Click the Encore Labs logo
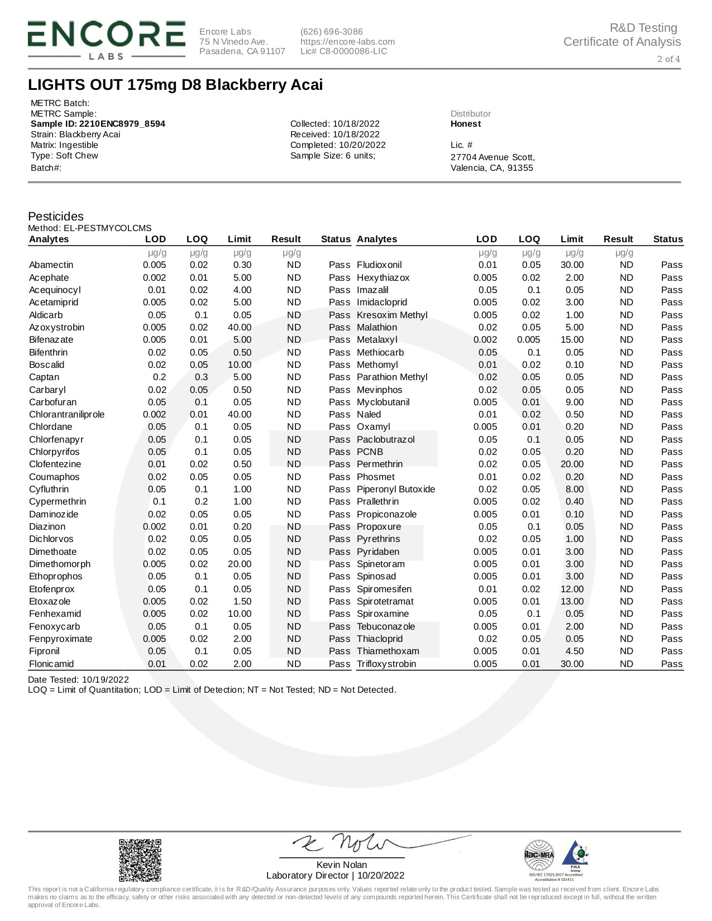(106, 40)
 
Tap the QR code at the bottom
(140, 860)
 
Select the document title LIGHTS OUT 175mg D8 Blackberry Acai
(175, 85)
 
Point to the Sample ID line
(98, 124)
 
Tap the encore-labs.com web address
(347, 42)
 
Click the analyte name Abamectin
(51, 265)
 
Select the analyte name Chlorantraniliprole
(66, 415)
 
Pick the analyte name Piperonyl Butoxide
(395, 490)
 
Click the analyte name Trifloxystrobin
(386, 664)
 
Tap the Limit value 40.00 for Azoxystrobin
(240, 328)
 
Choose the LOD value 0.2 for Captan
(159, 377)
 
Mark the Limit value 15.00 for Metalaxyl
(572, 340)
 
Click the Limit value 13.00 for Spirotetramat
(572, 602)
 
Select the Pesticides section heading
(56, 217)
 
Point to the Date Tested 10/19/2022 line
(78, 680)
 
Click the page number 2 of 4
(668, 59)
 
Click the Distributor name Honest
(465, 124)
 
